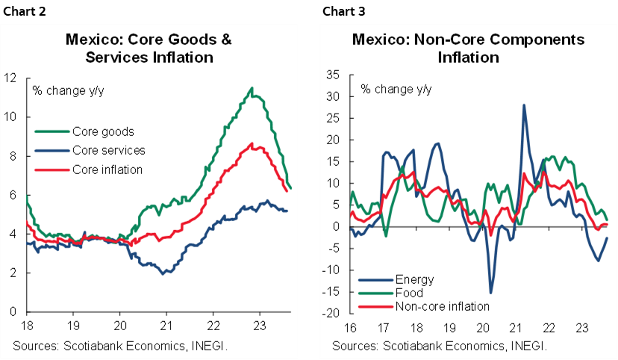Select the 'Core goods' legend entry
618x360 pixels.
tap(104, 132)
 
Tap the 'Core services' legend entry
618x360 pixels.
tap(109, 151)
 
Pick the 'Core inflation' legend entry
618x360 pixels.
tap(107, 170)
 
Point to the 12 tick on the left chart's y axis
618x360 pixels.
tap(10, 77)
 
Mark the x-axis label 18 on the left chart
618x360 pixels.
tap(27, 326)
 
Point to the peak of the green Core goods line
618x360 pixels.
tap(252, 88)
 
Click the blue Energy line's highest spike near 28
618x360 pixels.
tap(524, 105)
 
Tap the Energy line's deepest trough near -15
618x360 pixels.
tap(490, 292)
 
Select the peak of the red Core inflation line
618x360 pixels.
tap(252, 143)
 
